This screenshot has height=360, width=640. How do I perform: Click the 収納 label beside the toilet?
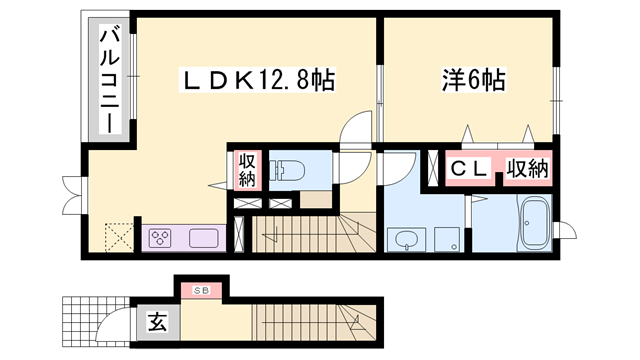tap(247, 169)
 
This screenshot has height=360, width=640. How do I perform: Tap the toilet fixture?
tap(290, 167)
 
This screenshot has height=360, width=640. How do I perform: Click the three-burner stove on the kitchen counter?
tap(163, 239)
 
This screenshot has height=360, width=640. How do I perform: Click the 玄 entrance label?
tap(158, 322)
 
